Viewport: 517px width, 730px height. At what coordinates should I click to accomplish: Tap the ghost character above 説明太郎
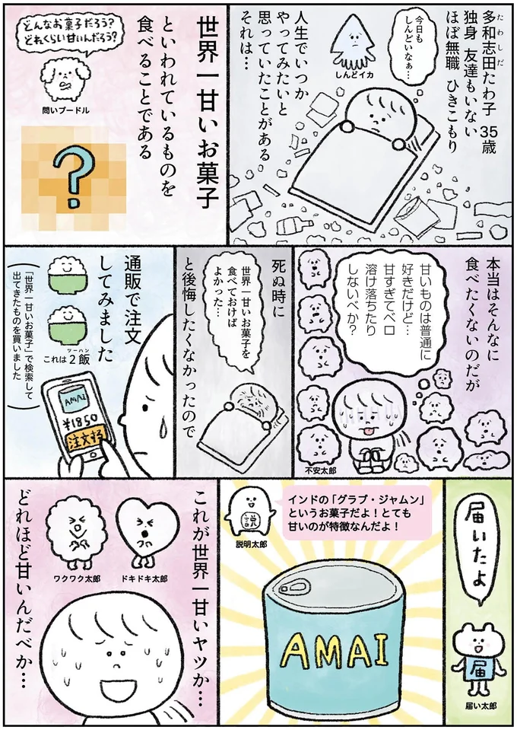248,515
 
